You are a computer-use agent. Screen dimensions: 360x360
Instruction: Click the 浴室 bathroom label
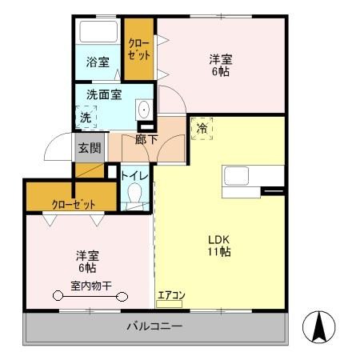point(98,62)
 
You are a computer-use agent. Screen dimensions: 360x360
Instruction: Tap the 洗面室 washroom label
point(104,94)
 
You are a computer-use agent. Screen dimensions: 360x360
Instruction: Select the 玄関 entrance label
point(89,147)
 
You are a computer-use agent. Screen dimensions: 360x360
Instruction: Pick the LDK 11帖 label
point(220,245)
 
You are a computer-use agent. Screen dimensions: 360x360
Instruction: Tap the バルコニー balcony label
point(155,326)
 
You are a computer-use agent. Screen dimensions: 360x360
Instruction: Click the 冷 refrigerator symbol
point(202,128)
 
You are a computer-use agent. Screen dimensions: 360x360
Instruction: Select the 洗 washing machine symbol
point(86,117)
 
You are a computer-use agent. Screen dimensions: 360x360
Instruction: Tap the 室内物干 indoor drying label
point(90,286)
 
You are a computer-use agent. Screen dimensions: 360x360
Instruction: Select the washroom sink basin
point(144,110)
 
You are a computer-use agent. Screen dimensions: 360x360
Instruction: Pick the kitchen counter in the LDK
point(253,177)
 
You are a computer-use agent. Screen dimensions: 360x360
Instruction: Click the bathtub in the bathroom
point(98,34)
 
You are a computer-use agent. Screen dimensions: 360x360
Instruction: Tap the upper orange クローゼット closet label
point(138,50)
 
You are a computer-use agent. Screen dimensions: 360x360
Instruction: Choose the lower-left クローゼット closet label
point(73,203)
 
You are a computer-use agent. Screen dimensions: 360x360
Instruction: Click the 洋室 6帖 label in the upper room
point(222,65)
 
